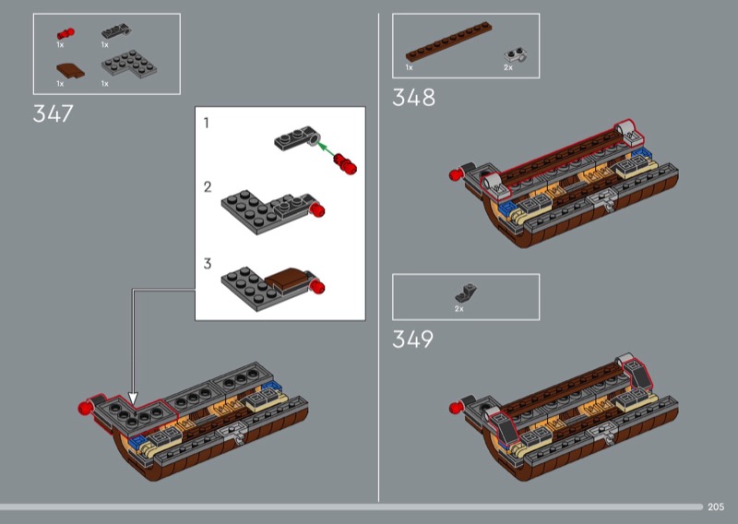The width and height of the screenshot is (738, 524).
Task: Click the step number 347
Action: tap(54, 113)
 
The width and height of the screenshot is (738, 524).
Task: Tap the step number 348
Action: tap(413, 98)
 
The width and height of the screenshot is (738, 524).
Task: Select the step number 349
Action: tap(412, 339)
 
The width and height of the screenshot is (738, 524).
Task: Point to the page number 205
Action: tap(716, 506)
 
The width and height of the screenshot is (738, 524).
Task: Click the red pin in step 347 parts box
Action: tap(65, 34)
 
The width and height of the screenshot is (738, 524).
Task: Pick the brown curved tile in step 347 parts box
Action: tap(71, 71)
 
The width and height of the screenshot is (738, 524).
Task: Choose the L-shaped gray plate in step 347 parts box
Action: tap(129, 64)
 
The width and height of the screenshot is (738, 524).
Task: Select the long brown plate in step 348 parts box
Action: tap(448, 42)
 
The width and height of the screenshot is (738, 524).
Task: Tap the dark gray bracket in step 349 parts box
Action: tap(466, 292)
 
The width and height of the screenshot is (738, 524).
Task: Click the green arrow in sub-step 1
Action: tap(327, 148)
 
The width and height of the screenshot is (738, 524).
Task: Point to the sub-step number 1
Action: tap(206, 123)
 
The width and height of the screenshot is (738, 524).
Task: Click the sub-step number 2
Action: tap(208, 187)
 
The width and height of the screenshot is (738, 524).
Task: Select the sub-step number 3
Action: tap(208, 264)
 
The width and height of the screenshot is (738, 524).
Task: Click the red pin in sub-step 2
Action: tap(317, 209)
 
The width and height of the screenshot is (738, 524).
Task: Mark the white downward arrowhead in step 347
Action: tap(133, 399)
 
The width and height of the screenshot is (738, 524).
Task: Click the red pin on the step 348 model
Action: tap(455, 175)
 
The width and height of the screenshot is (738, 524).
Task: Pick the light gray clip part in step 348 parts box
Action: tap(516, 55)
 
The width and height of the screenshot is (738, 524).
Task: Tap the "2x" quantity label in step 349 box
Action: tap(458, 309)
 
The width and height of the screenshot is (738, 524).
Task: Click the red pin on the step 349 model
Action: tap(455, 407)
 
